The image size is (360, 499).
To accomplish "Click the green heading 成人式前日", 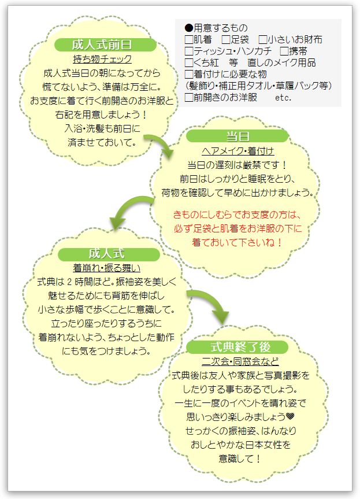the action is (x=102, y=45).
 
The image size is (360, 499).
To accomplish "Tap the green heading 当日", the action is (x=237, y=136).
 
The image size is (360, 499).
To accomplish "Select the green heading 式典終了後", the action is (x=240, y=347).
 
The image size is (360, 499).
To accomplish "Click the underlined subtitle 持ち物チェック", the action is (x=102, y=59).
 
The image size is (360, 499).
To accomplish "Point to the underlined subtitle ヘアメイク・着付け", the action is (x=237, y=151).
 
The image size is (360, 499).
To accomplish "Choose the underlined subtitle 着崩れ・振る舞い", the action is (x=106, y=268).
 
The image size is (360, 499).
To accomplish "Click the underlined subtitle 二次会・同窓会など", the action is (x=240, y=361).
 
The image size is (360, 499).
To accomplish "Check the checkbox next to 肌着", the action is (x=189, y=39).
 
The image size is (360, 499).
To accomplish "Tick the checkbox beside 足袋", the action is (x=226, y=39).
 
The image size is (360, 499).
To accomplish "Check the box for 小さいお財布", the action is (x=263, y=39).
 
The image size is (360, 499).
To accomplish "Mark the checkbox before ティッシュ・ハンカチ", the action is (x=189, y=51).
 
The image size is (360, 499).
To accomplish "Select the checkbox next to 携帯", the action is (x=284, y=51).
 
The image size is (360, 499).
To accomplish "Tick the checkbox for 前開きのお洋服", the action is (x=189, y=97).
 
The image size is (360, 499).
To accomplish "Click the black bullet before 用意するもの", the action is (x=189, y=28).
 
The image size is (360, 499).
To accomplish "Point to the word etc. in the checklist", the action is (x=283, y=98).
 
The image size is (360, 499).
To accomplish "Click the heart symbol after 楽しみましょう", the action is (x=290, y=416).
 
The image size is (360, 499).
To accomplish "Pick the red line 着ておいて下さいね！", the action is (x=237, y=242).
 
